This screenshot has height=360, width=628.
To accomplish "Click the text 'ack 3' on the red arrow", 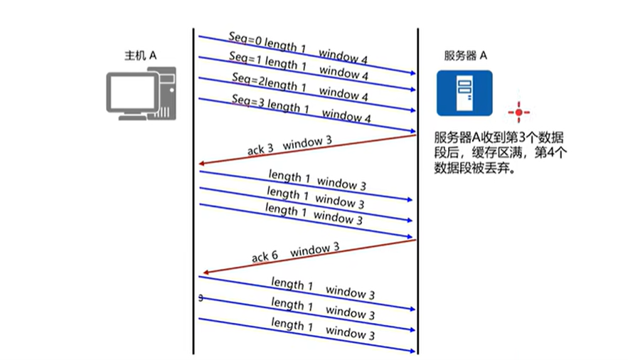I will pos(260,149).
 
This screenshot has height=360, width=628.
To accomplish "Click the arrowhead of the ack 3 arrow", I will pos(202,164).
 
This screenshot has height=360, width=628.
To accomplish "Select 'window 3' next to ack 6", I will pos(314,250).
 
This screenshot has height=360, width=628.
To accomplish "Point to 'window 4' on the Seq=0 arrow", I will pos(344,55).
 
